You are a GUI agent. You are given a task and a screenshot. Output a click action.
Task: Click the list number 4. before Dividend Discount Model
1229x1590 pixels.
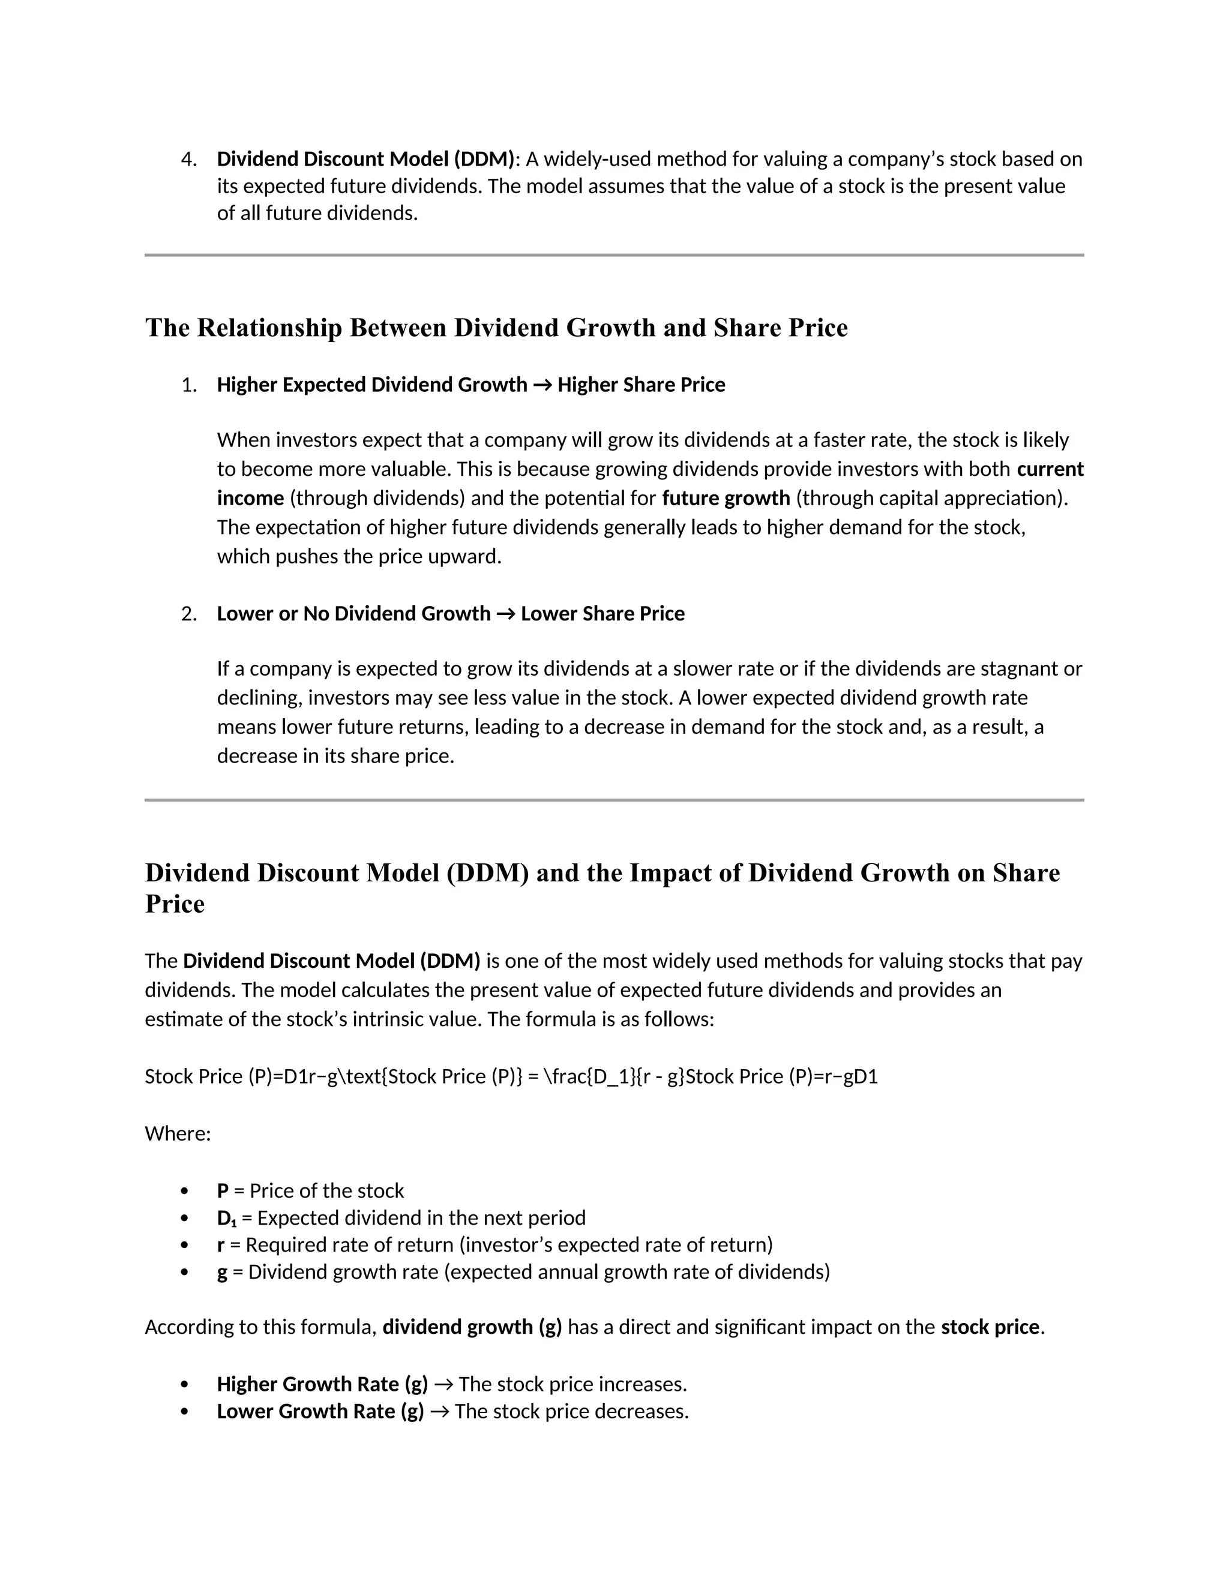coord(188,160)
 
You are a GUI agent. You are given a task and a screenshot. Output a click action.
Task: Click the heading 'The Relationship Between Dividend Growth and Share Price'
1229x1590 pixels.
coord(496,328)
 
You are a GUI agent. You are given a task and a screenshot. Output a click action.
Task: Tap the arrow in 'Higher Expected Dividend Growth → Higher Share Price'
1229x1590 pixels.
coord(542,385)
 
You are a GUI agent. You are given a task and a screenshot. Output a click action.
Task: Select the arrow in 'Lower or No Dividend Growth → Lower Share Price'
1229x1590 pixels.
coord(505,614)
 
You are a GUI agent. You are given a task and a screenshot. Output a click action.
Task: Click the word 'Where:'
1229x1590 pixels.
coord(178,1134)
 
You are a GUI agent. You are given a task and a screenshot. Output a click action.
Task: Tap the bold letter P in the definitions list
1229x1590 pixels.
coord(223,1191)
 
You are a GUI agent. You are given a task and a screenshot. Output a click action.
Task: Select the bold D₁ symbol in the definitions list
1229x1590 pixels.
coord(226,1219)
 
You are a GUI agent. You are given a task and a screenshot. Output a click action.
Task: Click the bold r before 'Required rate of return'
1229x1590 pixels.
coord(221,1246)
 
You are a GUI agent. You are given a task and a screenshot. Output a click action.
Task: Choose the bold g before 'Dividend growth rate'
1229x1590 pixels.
coord(222,1273)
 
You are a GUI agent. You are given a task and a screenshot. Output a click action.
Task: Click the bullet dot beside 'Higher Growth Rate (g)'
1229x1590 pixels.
coord(184,1385)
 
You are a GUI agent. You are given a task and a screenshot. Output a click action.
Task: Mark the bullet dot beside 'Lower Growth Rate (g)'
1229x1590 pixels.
coord(184,1412)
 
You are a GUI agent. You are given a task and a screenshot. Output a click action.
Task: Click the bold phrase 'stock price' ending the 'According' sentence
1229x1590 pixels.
coord(990,1328)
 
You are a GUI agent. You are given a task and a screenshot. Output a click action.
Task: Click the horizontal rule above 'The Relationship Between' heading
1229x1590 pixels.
coord(614,256)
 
